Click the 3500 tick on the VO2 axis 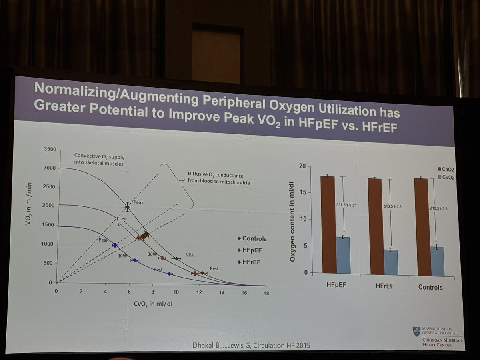coord(50,149)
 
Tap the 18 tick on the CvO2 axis coord(266,293)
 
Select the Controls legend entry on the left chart coord(254,239)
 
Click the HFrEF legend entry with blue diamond coord(251,262)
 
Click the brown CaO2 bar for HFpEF coord(328,224)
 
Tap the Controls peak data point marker coord(127,207)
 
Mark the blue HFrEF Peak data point coord(115,245)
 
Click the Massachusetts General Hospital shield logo coord(416,331)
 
